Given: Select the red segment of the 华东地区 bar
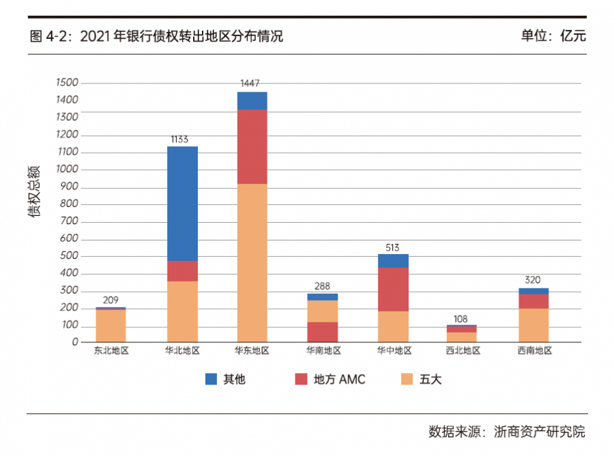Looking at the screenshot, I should (252, 147).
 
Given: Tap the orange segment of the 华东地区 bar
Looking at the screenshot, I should (252, 263).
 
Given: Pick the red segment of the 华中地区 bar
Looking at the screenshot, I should (393, 289).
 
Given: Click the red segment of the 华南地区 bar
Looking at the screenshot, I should (323, 332).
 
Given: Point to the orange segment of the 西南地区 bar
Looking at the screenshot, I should (533, 325).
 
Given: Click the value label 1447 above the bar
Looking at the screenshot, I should (250, 83).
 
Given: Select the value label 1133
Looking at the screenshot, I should (179, 139).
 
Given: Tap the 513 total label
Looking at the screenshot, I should (392, 248).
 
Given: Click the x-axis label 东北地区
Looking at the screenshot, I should (111, 350).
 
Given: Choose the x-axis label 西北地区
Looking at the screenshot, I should (463, 350).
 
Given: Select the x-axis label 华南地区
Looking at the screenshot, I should (323, 350).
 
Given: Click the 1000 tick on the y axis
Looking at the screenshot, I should (69, 169).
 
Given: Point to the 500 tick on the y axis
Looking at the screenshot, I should (71, 256).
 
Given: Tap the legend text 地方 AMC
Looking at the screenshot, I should (340, 379).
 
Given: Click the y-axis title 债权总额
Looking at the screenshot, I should (34, 191).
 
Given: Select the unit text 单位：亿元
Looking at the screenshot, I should (553, 36).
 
